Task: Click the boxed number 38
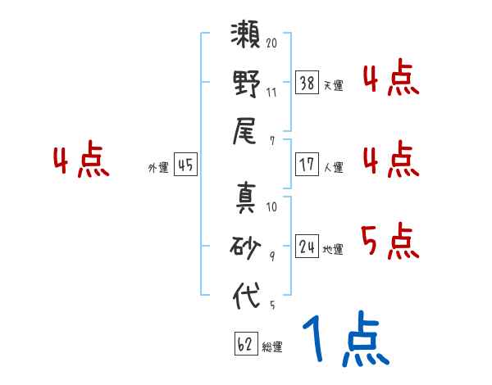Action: (307, 84)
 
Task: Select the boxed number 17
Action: (307, 164)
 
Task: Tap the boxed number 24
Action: (307, 247)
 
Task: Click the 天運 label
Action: (333, 85)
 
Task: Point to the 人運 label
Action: (333, 167)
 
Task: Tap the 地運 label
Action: (333, 249)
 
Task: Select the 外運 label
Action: (158, 167)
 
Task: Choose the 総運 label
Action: (272, 347)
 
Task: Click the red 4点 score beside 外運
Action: (80, 161)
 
